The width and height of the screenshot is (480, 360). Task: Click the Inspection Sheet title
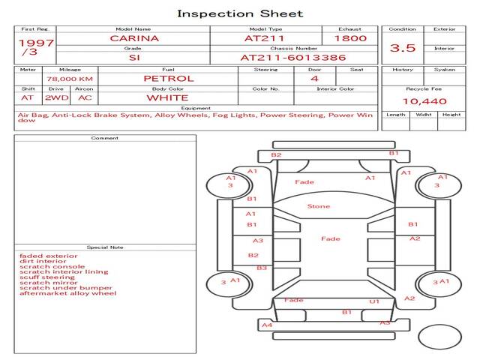pyautogui.click(x=240, y=13)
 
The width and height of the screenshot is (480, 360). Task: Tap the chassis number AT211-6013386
pyautogui.click(x=293, y=57)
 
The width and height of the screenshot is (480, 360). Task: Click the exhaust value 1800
pyautogui.click(x=350, y=38)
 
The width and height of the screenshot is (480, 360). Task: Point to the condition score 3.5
pyautogui.click(x=403, y=48)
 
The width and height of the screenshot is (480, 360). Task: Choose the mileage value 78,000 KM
pyautogui.click(x=69, y=79)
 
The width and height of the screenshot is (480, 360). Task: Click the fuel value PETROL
pyautogui.click(x=169, y=78)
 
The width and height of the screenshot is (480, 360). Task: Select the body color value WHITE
pyautogui.click(x=167, y=97)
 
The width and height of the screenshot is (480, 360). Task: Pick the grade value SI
pyautogui.click(x=133, y=57)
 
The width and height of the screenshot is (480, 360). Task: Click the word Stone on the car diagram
pyautogui.click(x=319, y=206)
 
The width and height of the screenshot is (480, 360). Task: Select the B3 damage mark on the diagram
pyautogui.click(x=262, y=268)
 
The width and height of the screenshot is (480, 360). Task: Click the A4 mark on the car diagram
pyautogui.click(x=267, y=325)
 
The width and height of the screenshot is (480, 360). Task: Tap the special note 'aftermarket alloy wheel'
pyautogui.click(x=68, y=293)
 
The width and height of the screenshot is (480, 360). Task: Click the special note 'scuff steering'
pyautogui.click(x=47, y=277)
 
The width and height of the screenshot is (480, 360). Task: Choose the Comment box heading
pyautogui.click(x=104, y=138)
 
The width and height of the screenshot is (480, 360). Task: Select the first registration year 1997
pyautogui.click(x=36, y=43)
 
